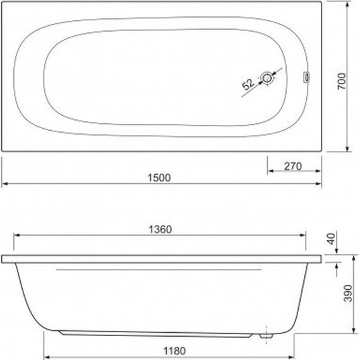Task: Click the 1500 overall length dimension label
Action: tap(161, 177)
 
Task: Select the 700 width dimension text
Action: tap(342, 78)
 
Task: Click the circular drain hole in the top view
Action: tap(269, 78)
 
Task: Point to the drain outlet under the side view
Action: tap(268, 334)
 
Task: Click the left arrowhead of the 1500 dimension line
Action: tap(4, 184)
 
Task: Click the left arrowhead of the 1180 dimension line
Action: tap(46, 354)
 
